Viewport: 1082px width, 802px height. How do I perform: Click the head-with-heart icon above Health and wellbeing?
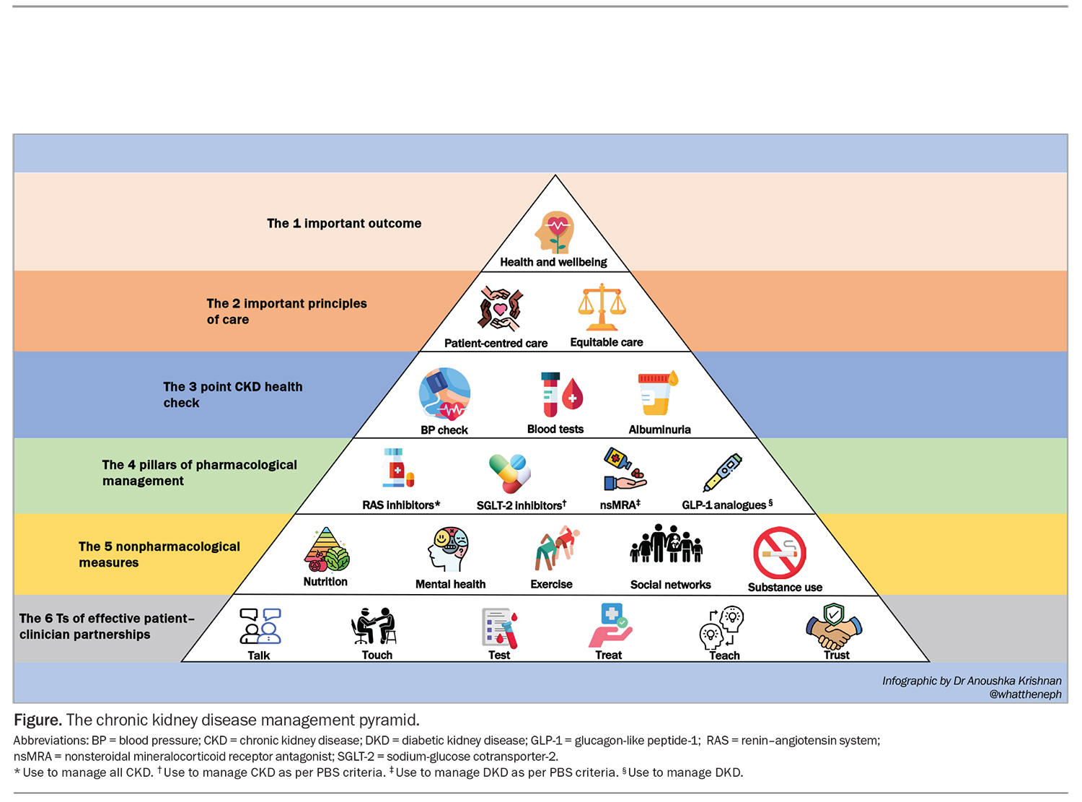(554, 232)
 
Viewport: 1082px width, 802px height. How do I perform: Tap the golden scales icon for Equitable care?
(602, 307)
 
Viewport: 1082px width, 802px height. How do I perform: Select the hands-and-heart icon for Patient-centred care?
(500, 308)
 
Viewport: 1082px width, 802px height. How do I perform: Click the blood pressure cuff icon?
(444, 394)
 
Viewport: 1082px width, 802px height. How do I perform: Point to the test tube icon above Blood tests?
(561, 394)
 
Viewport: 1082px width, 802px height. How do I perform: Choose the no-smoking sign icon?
(779, 553)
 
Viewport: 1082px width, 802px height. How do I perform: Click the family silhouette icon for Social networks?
(666, 544)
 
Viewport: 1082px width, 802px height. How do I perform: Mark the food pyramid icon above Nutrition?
(326, 549)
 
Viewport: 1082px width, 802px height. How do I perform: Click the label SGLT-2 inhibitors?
(521, 505)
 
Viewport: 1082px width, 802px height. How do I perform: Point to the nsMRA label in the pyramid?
(620, 505)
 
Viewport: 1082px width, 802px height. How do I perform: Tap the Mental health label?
(450, 584)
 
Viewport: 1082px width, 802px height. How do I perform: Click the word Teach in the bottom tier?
(724, 655)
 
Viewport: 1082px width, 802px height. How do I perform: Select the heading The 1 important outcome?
(344, 223)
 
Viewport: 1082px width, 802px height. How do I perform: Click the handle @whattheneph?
(1025, 694)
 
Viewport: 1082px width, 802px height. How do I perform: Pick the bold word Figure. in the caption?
(38, 720)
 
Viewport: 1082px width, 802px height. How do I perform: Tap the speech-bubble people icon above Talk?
(260, 626)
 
